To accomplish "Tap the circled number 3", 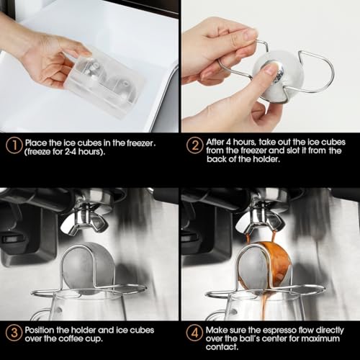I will tap(13, 333).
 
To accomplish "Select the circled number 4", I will tap(193, 333).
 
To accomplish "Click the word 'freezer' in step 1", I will tap(145, 143).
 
